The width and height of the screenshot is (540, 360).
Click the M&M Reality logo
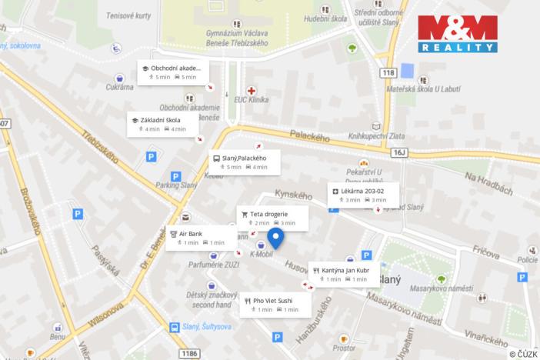[x=457, y=34]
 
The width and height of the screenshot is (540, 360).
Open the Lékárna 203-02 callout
[x=359, y=195]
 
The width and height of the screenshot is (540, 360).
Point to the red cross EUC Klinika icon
[x=252, y=91]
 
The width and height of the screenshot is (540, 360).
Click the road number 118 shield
[x=387, y=72]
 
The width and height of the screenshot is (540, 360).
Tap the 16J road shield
[x=398, y=152]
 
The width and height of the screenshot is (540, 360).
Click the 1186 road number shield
[x=188, y=354]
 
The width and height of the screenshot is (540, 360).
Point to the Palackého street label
[x=311, y=136]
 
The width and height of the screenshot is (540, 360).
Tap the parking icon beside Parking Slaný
[x=175, y=175]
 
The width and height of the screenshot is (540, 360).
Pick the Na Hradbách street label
[x=487, y=183]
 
